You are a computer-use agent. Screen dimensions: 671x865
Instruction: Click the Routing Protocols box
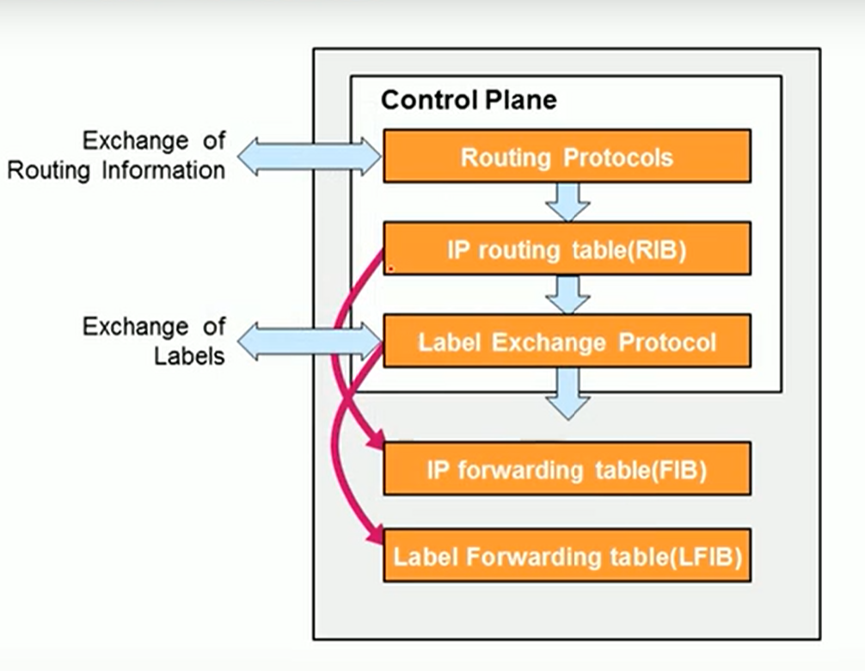[567, 157]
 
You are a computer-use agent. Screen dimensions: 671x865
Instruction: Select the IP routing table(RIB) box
[567, 249]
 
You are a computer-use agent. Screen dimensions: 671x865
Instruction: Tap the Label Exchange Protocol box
[567, 342]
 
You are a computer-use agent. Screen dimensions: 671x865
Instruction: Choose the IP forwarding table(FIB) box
[567, 470]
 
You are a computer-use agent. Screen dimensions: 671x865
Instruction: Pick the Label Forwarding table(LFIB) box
[567, 556]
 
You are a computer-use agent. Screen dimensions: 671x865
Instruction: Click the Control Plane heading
[469, 100]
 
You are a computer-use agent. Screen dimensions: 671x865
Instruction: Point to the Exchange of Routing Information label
[116, 155]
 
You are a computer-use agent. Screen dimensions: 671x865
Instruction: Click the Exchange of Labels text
[155, 341]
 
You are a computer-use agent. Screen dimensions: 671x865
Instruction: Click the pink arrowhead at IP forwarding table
[375, 443]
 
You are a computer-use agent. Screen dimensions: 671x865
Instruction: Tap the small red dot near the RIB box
[391, 268]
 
